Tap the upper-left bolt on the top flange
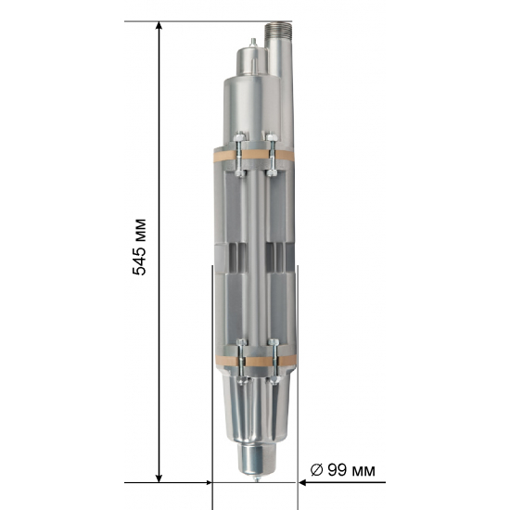click(x=240, y=142)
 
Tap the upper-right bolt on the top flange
click(x=271, y=142)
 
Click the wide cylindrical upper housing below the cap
click(x=249, y=107)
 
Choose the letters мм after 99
click(x=364, y=470)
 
